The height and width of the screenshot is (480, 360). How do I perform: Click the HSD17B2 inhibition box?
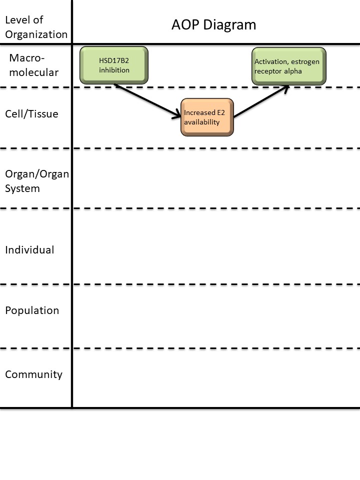tap(114, 65)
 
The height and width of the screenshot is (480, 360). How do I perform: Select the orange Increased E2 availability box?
tap(207, 117)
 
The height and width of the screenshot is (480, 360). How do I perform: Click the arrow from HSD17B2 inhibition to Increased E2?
tap(147, 101)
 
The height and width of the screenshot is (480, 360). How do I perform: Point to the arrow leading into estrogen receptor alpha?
tap(261, 102)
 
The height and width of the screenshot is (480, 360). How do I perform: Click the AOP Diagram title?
tap(213, 24)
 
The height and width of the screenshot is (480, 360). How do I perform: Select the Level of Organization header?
tap(35, 27)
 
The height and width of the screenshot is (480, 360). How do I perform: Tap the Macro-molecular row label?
tap(34, 65)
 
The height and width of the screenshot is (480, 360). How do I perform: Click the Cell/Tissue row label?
tap(31, 114)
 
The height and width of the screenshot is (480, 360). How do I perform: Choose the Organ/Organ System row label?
tap(36, 181)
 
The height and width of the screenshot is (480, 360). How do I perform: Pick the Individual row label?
tap(29, 250)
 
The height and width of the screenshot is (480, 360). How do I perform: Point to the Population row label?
tap(32, 310)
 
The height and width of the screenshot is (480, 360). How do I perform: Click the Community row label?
tap(33, 374)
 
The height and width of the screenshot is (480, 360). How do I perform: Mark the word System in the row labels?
tap(22, 189)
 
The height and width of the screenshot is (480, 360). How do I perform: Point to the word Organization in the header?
tap(36, 34)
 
